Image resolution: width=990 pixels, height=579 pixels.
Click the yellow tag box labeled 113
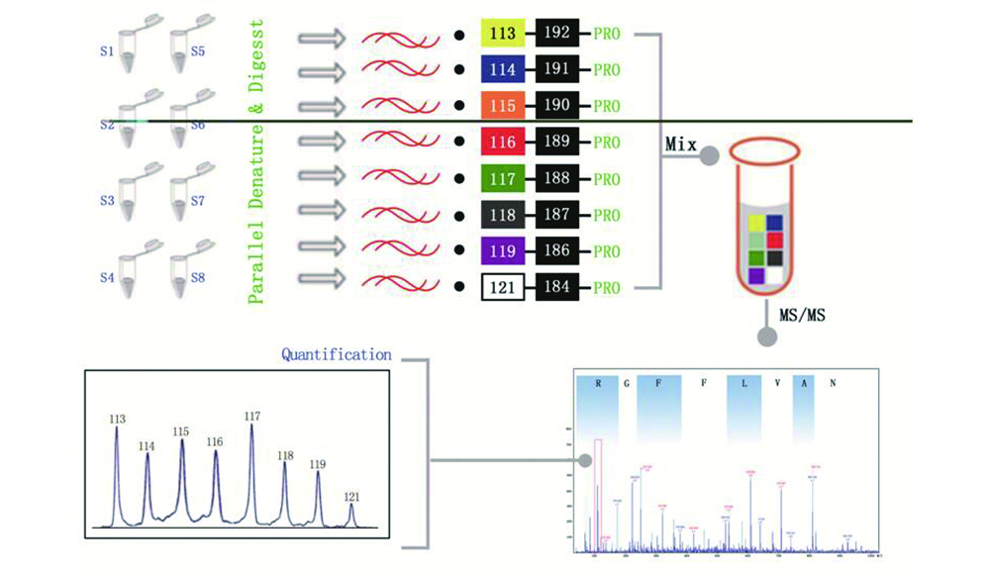(503, 33)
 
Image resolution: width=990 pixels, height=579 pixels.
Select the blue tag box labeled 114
(503, 69)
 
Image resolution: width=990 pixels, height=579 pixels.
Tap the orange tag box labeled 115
(503, 106)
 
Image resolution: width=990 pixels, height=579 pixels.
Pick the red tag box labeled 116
(503, 143)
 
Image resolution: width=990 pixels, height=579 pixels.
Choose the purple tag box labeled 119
(503, 252)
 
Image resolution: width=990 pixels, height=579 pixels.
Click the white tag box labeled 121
(503, 288)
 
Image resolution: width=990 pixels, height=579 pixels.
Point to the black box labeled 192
(557, 33)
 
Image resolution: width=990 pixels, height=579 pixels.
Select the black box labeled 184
(557, 288)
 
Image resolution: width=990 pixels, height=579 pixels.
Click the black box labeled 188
(557, 179)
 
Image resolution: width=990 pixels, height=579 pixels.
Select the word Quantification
(336, 353)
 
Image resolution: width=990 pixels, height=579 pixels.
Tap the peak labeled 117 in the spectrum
(251, 465)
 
